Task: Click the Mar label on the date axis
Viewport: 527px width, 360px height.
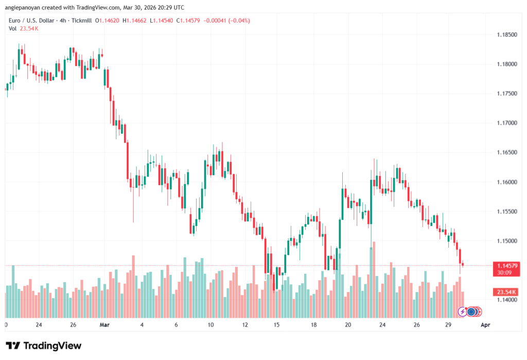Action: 105,325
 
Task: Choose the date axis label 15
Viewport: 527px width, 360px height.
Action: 276,325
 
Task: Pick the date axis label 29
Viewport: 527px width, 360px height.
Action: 448,325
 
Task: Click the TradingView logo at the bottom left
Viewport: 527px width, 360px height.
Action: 44,346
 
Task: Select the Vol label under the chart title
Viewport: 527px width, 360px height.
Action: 12,28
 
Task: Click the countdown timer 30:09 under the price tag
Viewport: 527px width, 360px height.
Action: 504,273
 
